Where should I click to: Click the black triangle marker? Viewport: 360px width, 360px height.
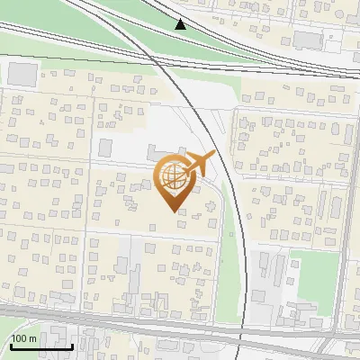[181, 24]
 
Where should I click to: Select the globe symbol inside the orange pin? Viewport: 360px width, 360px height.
[171, 176]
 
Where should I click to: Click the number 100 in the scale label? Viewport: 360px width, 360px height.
[20, 338]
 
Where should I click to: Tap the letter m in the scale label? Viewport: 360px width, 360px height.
[33, 338]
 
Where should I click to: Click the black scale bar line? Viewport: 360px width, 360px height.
[41, 346]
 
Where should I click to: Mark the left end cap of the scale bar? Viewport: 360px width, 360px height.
[11, 345]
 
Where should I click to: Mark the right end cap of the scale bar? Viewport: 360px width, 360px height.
[73, 345]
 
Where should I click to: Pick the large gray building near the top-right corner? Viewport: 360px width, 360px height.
[309, 40]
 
